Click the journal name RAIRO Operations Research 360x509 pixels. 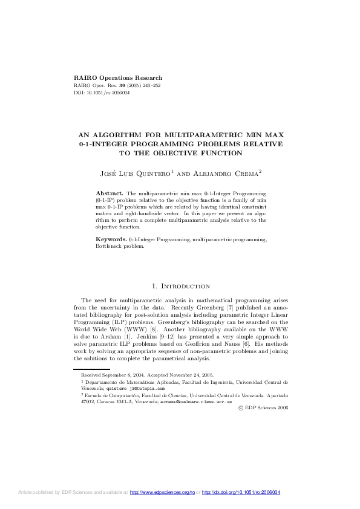pos(117,78)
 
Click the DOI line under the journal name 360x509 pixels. pos(96,94)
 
